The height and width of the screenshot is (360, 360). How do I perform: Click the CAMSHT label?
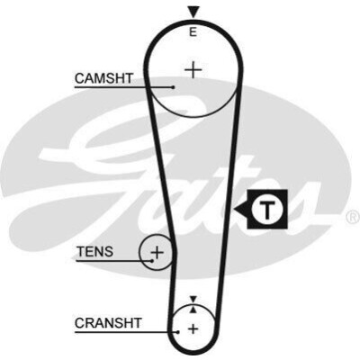[x=103, y=78]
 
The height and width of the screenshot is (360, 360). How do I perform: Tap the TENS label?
[x=95, y=252]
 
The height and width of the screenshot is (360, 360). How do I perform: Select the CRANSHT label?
[x=108, y=323]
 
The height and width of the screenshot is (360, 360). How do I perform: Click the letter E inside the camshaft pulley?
[x=193, y=31]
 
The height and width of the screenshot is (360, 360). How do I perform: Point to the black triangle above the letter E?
[x=193, y=13]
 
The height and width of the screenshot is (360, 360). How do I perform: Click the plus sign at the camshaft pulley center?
[x=193, y=70]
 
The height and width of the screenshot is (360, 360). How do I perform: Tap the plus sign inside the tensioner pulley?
[x=157, y=253]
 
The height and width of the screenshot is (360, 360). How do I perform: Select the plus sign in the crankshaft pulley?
[x=193, y=328]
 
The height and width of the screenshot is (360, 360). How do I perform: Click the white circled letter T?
[x=267, y=209]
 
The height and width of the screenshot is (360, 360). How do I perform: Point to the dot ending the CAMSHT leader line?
[x=173, y=87]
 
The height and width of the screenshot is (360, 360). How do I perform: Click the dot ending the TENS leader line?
[x=152, y=261]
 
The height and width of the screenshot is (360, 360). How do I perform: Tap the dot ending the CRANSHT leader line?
[x=178, y=332]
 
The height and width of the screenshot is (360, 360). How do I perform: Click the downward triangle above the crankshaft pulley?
[x=193, y=299]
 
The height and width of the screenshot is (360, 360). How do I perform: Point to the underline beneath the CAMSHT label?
[x=123, y=87]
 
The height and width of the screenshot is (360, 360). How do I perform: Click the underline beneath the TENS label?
[x=114, y=261]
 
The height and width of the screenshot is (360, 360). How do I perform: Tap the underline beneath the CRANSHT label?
[x=126, y=332]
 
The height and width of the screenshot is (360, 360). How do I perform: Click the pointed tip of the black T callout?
[x=234, y=209]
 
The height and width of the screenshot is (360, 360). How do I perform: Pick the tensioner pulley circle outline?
[x=139, y=253]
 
